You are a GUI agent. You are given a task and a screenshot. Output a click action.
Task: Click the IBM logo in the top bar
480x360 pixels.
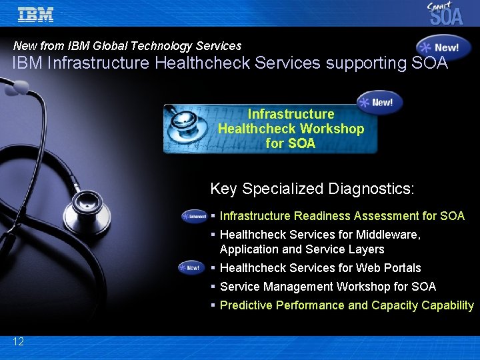tap(35, 15)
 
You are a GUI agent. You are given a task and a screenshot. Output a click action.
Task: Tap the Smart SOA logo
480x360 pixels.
tap(446, 13)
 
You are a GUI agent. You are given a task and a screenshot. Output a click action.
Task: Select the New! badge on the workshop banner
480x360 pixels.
tap(379, 102)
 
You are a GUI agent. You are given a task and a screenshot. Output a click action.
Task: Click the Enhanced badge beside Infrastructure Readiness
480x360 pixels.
tap(194, 216)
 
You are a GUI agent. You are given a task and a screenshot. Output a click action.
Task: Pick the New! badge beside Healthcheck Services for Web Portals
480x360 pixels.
tap(191, 268)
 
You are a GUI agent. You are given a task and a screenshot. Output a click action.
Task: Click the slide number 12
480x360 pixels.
tap(18, 341)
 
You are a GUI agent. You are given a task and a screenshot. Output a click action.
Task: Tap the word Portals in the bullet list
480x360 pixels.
tap(400, 268)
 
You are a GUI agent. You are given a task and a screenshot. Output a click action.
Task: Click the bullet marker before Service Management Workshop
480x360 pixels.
tap(213, 287)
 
